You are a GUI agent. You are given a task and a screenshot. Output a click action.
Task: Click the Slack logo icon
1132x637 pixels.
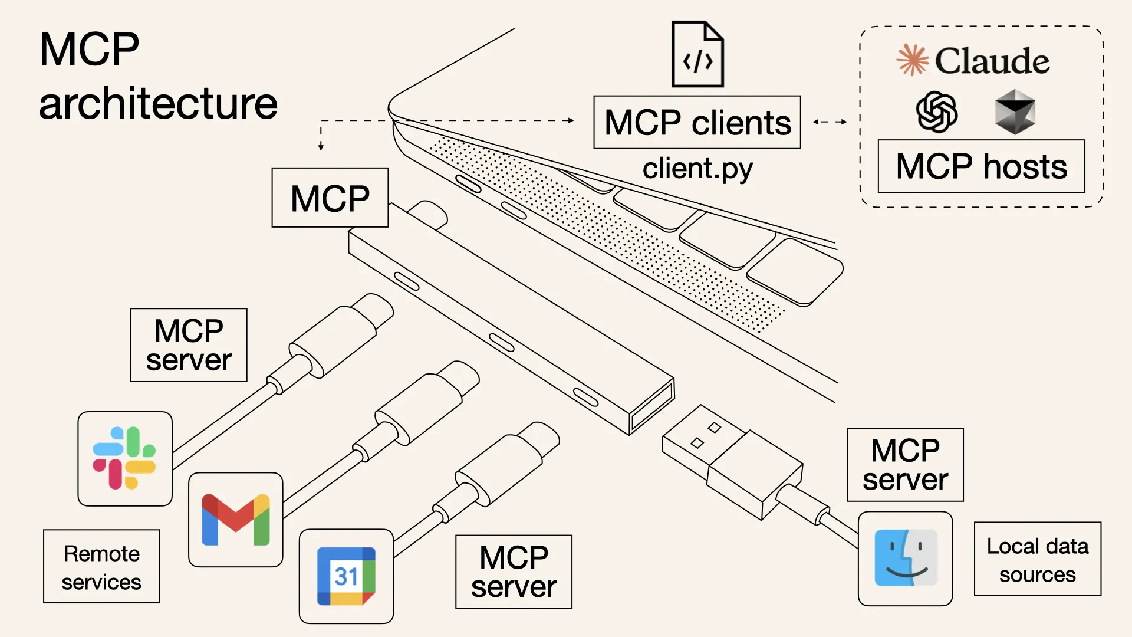click(124, 458)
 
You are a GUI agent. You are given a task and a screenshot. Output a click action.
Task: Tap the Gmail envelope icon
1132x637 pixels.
click(235, 520)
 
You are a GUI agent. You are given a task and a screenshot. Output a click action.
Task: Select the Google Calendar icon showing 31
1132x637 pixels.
click(346, 576)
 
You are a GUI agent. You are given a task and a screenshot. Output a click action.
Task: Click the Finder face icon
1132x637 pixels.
click(905, 558)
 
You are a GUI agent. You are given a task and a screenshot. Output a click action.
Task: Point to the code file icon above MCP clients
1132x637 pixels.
click(697, 54)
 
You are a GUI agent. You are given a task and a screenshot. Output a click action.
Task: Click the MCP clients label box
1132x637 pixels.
click(697, 123)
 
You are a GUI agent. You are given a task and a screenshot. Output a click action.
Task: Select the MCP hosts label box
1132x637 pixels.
click(981, 166)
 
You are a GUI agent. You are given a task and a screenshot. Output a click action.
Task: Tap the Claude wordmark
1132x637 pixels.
click(992, 61)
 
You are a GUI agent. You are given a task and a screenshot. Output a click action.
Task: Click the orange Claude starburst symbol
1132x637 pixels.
click(912, 60)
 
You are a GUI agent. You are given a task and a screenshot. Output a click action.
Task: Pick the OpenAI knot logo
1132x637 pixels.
click(936, 111)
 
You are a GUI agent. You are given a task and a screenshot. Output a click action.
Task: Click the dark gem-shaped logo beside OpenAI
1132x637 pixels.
click(1015, 111)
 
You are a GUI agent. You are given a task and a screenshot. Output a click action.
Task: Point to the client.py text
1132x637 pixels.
click(697, 169)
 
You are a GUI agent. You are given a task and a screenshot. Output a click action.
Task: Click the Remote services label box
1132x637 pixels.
click(101, 567)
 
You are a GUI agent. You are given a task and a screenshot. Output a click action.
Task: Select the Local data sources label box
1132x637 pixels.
click(1037, 559)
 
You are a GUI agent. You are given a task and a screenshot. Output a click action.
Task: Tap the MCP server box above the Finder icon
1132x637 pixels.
click(905, 465)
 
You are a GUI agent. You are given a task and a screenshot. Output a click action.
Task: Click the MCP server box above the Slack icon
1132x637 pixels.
click(189, 345)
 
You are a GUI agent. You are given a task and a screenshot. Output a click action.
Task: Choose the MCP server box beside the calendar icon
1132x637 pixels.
click(514, 572)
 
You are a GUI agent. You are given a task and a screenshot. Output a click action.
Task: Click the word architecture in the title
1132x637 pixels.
click(158, 104)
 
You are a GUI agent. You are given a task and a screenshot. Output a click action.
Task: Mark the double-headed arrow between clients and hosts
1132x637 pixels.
click(830, 122)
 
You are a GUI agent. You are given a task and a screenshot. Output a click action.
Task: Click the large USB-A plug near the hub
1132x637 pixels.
click(731, 460)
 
